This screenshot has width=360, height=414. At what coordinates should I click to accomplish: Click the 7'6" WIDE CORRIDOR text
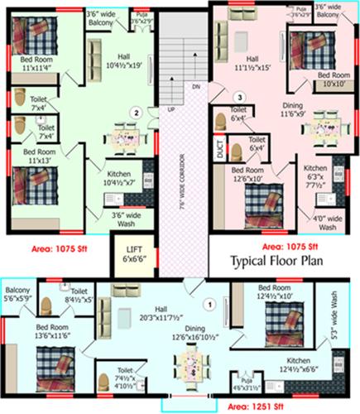[x=176, y=187]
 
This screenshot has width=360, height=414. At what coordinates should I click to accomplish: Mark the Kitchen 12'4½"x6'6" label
[x=297, y=365]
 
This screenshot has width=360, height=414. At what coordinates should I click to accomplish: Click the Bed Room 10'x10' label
[x=335, y=80]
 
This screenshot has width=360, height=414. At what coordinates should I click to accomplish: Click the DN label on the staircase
[x=195, y=86]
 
